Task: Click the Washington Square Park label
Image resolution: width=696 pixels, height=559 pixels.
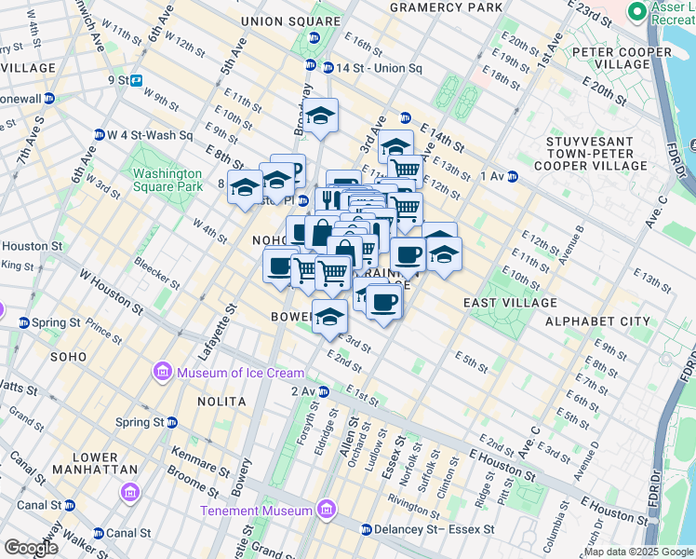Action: coord(167,180)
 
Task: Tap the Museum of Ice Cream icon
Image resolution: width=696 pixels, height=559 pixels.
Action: coord(163,374)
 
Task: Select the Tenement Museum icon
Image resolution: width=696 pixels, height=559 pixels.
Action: coord(326,510)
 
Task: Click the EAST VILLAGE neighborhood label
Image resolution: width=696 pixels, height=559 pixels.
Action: coord(510,303)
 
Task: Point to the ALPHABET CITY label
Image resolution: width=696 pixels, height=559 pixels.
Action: coord(597,321)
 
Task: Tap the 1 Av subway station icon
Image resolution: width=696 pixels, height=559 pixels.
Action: coord(513,176)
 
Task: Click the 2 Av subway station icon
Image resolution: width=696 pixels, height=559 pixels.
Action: coord(325,391)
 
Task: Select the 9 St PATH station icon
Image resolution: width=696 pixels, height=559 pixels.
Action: coord(136,80)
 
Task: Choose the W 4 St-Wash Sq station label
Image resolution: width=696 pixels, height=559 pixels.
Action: coord(150,135)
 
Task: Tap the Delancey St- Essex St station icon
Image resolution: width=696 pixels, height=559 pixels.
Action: coord(366,530)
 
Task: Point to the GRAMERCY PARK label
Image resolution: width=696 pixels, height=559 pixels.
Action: coord(433,7)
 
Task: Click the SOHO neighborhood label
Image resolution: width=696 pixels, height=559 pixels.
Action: coord(69,356)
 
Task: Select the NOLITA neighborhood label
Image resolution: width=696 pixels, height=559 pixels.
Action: coord(221,401)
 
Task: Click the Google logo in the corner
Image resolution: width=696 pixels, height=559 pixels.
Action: coord(31,548)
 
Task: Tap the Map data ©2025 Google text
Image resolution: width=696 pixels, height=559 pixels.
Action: coord(638,552)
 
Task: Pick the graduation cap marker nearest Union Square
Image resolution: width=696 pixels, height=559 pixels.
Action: coord(321,116)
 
